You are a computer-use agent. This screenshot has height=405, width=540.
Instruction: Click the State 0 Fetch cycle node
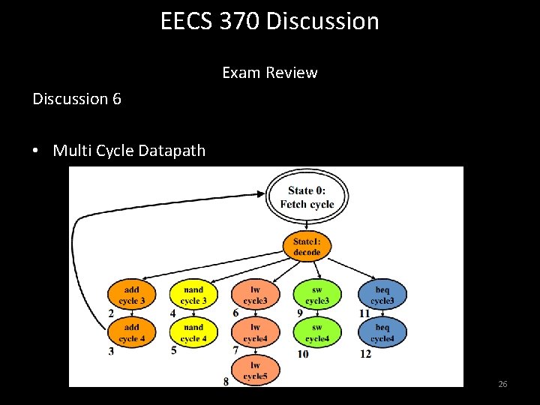307,197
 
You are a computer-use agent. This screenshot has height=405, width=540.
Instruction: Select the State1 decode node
307,247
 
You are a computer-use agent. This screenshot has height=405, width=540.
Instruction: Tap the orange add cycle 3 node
131,295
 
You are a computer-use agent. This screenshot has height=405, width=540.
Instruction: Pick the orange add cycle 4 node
131,332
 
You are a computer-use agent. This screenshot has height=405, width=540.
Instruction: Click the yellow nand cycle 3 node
193,295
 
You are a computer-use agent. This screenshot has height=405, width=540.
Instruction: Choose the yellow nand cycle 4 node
193,332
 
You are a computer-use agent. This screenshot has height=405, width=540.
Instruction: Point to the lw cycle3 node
255,295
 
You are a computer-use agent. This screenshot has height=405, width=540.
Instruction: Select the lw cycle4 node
255,332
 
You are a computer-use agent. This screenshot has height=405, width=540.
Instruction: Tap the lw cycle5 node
255,370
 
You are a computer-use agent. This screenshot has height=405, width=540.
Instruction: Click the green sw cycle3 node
317,295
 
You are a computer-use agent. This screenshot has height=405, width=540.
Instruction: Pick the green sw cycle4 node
317,332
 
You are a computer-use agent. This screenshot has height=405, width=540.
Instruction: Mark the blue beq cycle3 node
382,295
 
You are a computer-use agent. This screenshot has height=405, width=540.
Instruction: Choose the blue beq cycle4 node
382,332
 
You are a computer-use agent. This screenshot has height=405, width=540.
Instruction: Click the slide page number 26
502,384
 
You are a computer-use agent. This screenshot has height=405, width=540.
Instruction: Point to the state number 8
226,382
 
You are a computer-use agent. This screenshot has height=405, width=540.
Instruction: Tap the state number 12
365,353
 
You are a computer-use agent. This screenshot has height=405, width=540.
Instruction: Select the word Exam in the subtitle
239,73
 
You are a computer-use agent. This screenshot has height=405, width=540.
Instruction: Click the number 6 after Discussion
116,99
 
